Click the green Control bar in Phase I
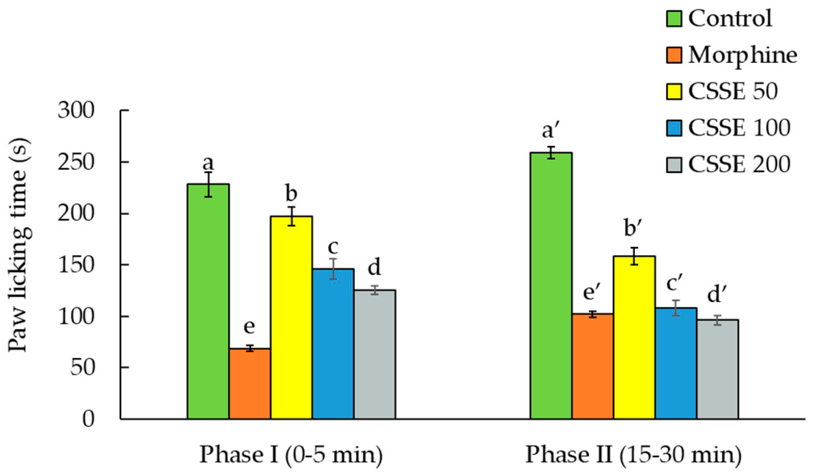click(208, 302)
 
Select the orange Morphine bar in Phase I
click(250, 384)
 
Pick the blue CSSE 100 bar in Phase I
click(333, 344)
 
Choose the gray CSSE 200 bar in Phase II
click(718, 369)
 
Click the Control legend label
click(730, 18)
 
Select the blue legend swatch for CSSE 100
click(674, 128)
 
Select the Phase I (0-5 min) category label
click(291, 455)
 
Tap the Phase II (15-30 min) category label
click(633, 455)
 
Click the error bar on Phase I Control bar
click(208, 185)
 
